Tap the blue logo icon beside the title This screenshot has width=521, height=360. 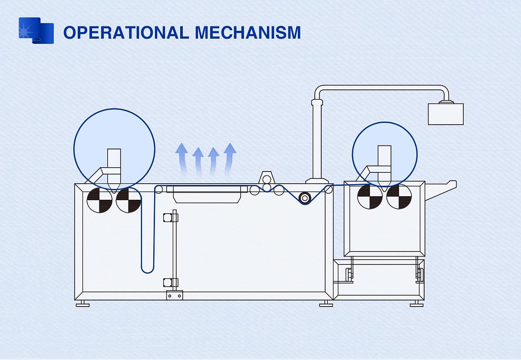click(x=36, y=31)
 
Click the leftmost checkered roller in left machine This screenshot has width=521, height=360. click(x=99, y=200)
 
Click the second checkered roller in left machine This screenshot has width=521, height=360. click(x=129, y=200)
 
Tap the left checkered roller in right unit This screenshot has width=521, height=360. click(x=370, y=196)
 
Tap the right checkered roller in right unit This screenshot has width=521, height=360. click(x=399, y=196)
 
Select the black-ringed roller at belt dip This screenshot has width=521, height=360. click(x=305, y=198)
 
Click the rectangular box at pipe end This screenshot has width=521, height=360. click(x=445, y=114)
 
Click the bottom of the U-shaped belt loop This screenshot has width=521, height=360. click(x=148, y=271)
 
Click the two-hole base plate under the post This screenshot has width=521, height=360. click(x=175, y=295)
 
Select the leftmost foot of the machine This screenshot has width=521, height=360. click(x=82, y=304)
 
